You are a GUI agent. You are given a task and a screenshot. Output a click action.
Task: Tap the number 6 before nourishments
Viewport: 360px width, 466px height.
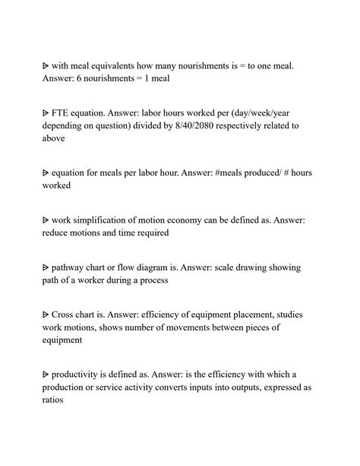pos(84,80)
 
